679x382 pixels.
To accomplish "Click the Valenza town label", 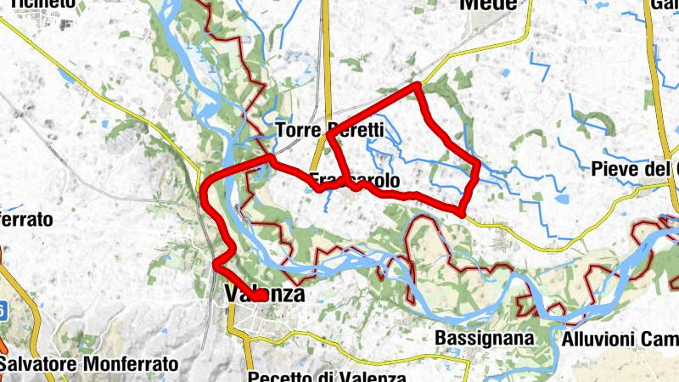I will pyautogui.click(x=264, y=295).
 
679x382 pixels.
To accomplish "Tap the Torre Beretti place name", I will pyautogui.click(x=330, y=131).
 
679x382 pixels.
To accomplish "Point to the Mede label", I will pyautogui.click(x=487, y=5).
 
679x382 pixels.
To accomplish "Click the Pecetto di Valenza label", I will pyautogui.click(x=328, y=376).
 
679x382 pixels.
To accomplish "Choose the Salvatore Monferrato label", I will pyautogui.click(x=89, y=363).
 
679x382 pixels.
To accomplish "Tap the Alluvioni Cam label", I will pyautogui.click(x=620, y=339).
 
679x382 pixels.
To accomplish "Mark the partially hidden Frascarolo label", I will pyautogui.click(x=354, y=181).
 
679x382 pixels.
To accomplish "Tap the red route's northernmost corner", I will pyautogui.click(x=418, y=85).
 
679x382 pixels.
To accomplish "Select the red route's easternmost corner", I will pyautogui.click(x=479, y=163).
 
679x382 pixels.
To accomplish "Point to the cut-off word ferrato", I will pyautogui.click(x=26, y=219).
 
